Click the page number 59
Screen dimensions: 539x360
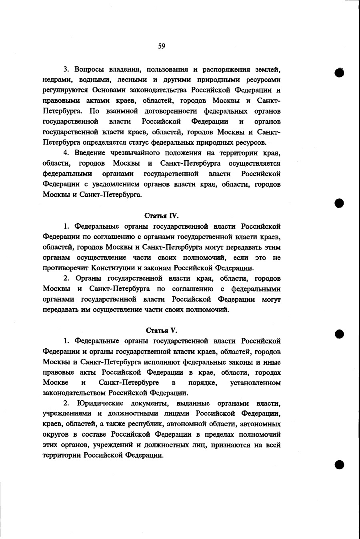(161, 46)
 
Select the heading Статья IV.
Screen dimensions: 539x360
(162, 216)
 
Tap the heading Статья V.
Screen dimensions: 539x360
(162, 331)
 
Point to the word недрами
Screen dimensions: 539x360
(56, 80)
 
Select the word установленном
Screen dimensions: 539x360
(256, 383)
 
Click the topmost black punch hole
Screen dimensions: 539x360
(340, 73)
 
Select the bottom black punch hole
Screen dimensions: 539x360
(340, 464)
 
